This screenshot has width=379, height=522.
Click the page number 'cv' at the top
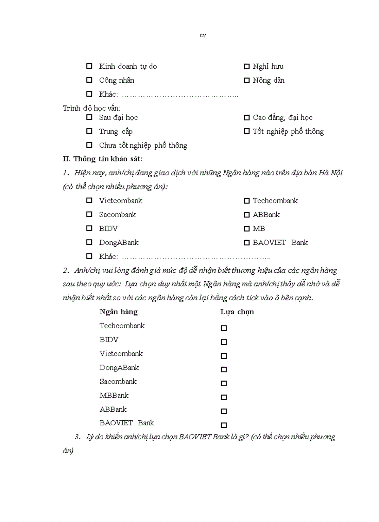(x=203, y=35)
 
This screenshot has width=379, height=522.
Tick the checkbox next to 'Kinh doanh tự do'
(x=89, y=66)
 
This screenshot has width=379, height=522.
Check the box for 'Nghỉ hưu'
(x=247, y=66)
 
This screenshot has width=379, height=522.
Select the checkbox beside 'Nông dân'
(x=247, y=80)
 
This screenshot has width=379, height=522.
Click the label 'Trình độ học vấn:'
(x=91, y=108)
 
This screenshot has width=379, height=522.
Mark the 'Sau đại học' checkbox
(x=89, y=118)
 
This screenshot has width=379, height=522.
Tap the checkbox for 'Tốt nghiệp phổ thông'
(x=247, y=132)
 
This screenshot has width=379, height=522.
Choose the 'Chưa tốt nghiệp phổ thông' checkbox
(x=89, y=145)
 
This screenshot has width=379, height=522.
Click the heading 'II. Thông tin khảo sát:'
(x=103, y=159)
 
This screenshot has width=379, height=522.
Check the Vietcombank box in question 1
(x=89, y=201)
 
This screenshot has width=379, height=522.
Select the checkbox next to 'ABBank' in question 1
(x=247, y=215)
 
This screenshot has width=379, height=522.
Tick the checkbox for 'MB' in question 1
(x=247, y=229)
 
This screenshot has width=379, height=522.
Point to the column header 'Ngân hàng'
(x=118, y=312)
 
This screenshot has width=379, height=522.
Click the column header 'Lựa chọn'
(x=237, y=312)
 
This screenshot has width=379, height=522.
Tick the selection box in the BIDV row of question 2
(x=224, y=342)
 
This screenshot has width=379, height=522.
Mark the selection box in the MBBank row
(x=224, y=397)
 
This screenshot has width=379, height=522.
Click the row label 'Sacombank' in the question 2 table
(x=118, y=382)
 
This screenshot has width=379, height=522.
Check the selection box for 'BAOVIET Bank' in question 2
(x=224, y=425)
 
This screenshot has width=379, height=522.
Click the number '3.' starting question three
(x=77, y=437)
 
